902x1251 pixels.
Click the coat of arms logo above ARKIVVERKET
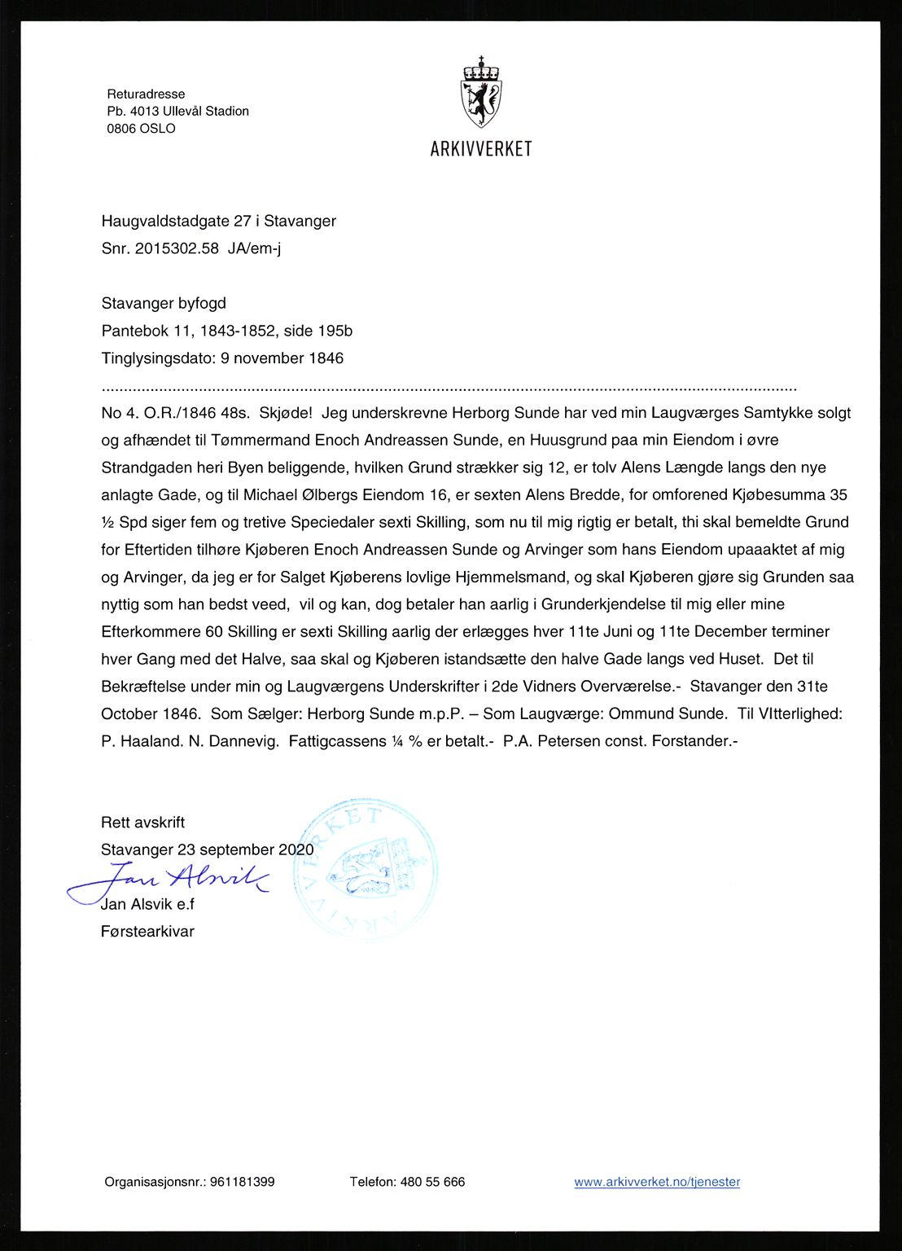pyautogui.click(x=481, y=92)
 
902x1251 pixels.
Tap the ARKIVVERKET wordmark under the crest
pyautogui.click(x=481, y=149)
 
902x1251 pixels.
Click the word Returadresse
pyautogui.click(x=146, y=94)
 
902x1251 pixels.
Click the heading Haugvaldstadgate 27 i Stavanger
pyautogui.click(x=218, y=221)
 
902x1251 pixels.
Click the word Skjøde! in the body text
pyautogui.click(x=285, y=413)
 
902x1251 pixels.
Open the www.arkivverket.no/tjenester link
pyautogui.click(x=657, y=1182)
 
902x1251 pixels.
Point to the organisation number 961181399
pyautogui.click(x=242, y=1182)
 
